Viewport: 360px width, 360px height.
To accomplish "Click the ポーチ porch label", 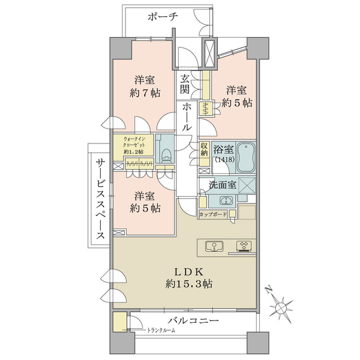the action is (163, 17).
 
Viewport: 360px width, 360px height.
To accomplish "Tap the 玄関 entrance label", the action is (184, 84).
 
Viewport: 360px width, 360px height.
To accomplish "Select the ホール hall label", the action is (187, 117).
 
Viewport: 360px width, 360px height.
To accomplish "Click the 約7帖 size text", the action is (145, 93).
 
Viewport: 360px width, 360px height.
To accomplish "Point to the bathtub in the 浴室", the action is (246, 157).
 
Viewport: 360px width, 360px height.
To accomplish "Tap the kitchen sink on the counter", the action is (214, 247).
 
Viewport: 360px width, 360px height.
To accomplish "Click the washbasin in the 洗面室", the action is (226, 200).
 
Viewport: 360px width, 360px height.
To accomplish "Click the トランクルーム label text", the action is (161, 331).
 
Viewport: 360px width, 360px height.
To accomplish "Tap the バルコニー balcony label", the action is (193, 320).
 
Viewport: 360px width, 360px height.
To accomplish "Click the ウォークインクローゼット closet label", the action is (134, 145).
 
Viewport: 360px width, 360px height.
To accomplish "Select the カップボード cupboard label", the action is (213, 215).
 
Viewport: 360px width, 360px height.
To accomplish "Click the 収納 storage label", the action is (204, 149).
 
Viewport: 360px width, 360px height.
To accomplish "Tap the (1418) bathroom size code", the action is (224, 160).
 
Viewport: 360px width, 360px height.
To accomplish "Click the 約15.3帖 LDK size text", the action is (188, 284).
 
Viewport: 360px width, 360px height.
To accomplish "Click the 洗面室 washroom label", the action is (223, 185).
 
